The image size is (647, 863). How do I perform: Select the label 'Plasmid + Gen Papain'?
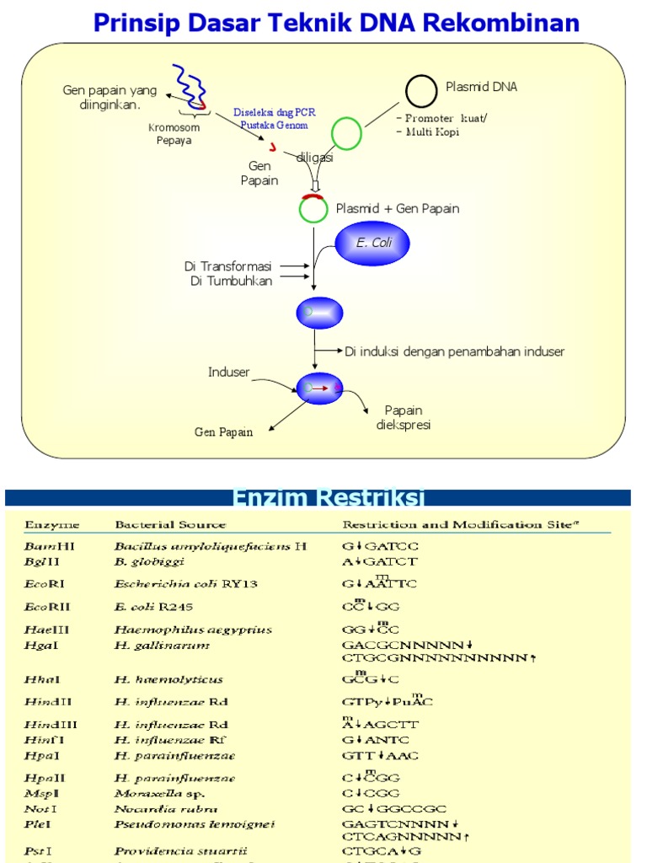(398, 208)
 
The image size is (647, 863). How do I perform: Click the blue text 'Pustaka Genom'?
(270, 125)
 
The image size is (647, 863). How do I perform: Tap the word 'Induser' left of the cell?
(229, 372)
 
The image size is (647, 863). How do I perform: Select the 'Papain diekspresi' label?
(403, 417)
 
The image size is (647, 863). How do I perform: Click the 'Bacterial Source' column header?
(170, 524)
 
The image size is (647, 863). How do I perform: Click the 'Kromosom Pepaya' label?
(174, 134)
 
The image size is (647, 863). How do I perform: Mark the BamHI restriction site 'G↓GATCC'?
(379, 546)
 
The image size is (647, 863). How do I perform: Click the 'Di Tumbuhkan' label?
(232, 281)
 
